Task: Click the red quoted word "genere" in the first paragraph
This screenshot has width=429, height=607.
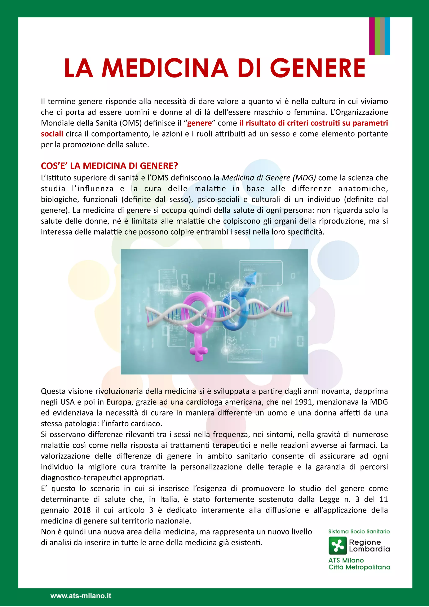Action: tap(200, 123)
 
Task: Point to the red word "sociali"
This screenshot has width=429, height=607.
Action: tap(52, 134)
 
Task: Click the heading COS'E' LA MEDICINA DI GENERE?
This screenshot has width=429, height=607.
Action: tap(109, 166)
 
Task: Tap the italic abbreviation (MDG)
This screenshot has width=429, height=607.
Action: tap(304, 178)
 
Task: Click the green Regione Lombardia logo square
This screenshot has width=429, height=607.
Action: tap(337, 546)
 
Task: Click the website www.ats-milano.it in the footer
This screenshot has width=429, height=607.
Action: tap(81, 596)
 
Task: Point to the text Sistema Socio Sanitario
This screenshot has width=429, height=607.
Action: tap(359, 531)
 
